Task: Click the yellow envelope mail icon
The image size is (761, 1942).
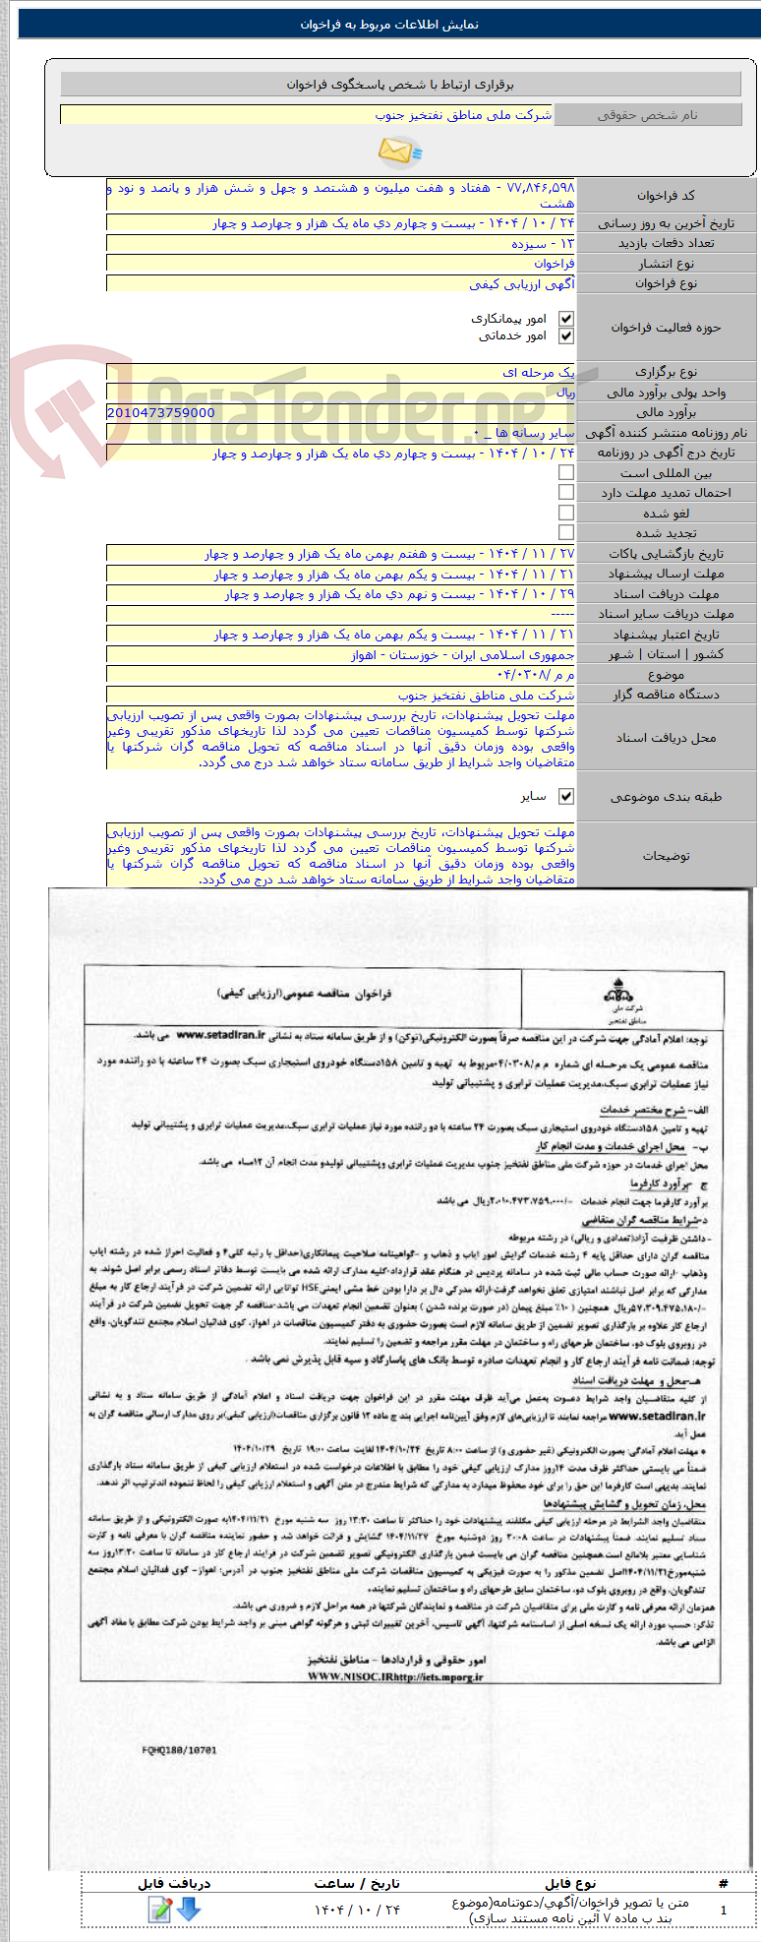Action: [x=399, y=152]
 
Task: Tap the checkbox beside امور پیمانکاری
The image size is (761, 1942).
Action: [x=565, y=319]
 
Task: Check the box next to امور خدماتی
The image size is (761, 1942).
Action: [x=565, y=336]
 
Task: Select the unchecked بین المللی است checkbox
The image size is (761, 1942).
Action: [x=565, y=473]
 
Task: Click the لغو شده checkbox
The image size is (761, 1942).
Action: [x=565, y=513]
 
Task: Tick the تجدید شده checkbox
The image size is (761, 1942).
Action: [x=565, y=532]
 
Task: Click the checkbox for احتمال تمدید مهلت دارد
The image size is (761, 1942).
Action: [x=565, y=493]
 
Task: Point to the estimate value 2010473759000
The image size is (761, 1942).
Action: [x=161, y=413]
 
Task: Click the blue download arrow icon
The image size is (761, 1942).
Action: [x=188, y=1910]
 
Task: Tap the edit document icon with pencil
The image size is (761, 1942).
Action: [x=160, y=1910]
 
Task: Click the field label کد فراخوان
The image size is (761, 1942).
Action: [x=666, y=196]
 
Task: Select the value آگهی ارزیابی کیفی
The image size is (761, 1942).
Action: [x=522, y=284]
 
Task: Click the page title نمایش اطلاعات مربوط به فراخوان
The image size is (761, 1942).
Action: [x=389, y=25]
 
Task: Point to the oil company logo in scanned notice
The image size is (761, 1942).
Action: [x=616, y=995]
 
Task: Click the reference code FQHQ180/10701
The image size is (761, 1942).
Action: [x=179, y=1750]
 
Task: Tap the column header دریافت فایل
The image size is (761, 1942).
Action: [x=174, y=1883]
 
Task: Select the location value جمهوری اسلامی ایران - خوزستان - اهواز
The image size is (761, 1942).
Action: [x=463, y=655]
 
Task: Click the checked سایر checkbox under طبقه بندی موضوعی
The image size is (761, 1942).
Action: [x=565, y=796]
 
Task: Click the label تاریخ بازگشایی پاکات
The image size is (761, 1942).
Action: [x=666, y=554]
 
